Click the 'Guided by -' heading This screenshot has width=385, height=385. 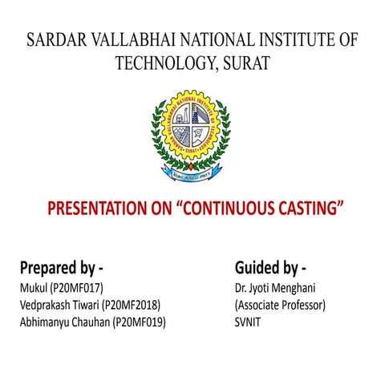[270, 266]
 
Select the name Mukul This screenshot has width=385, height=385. [32, 287]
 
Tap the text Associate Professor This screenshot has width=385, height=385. [280, 305]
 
